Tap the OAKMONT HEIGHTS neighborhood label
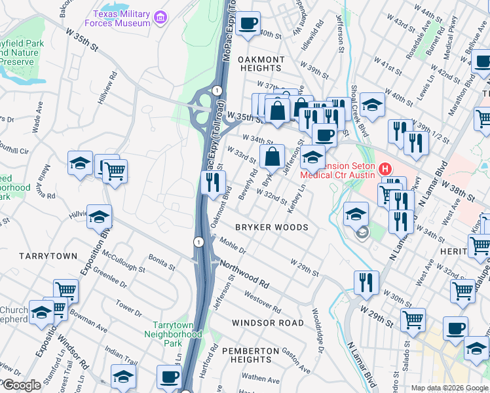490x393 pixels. pos(261,64)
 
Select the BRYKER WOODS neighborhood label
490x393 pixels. pos(271,227)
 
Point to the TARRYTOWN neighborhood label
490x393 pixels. pos(48,255)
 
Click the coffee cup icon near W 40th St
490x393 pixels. pos(248,24)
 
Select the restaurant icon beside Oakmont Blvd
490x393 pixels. pos(212,183)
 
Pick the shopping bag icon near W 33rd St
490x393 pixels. pos(272,157)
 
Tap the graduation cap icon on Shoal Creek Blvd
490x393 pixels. pos(372,105)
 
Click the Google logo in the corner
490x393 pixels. pos(21,385)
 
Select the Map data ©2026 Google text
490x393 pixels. pos(449,388)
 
